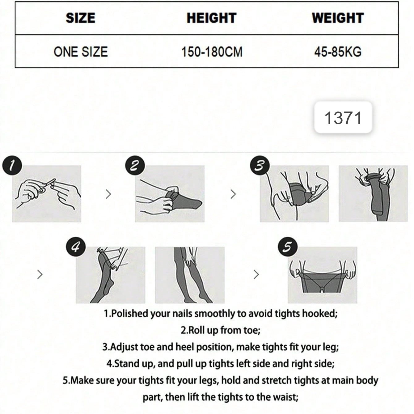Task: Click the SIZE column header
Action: [x=81, y=18]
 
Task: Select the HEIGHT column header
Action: [x=212, y=18]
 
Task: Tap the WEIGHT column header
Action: [x=338, y=18]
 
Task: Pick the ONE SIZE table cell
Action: [x=81, y=52]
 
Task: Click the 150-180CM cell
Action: [x=212, y=52]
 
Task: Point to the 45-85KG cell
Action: [x=338, y=52]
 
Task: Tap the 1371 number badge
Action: [x=343, y=117]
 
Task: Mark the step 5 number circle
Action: [x=288, y=247]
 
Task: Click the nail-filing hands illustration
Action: [x=47, y=194]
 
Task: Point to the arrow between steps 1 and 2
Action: [x=108, y=194]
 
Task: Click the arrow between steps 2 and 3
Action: [x=233, y=194]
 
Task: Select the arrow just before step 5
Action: [x=256, y=275]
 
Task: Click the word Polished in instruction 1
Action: [x=129, y=314]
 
